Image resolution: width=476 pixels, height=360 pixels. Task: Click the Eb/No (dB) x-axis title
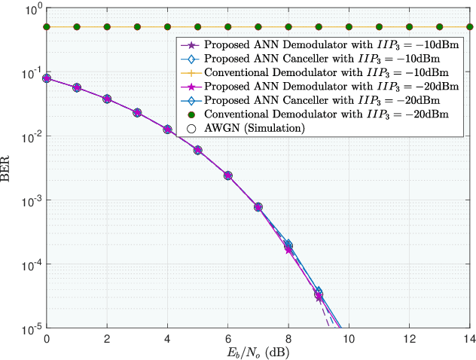258,352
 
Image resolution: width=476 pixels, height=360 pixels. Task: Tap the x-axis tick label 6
227,338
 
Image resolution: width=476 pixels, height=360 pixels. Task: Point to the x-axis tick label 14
468,338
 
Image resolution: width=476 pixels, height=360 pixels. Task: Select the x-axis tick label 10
348,338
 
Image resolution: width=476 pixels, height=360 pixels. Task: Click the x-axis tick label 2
107,338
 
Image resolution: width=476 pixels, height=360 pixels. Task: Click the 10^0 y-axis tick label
31,11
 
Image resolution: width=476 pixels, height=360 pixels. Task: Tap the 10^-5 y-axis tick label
31,329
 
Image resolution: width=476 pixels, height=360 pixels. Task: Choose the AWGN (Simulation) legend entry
249,129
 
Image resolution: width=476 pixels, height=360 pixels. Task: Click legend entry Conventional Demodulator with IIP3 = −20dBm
316,114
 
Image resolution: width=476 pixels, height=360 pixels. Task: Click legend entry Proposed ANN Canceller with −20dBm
316,100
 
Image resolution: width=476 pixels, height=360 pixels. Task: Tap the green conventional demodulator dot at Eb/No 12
408,27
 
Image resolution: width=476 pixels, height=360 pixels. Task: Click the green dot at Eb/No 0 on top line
47,27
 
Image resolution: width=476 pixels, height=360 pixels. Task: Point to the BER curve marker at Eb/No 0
47,78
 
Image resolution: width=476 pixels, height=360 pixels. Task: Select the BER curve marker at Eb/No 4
167,129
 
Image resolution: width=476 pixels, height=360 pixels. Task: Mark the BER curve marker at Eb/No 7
258,206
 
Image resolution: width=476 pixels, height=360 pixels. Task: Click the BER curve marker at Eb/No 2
107,99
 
